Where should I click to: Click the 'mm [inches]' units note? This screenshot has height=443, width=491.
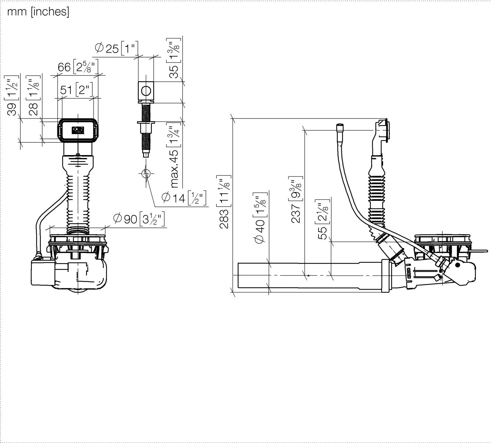[x=38, y=11]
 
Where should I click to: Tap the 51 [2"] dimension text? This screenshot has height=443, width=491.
[x=77, y=90]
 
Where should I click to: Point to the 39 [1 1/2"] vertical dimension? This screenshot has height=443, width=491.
[x=11, y=96]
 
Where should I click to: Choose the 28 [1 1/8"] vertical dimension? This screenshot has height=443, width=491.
[x=33, y=96]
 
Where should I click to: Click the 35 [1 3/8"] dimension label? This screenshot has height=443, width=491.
[x=174, y=58]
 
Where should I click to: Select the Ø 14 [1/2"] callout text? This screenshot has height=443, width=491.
[x=184, y=198]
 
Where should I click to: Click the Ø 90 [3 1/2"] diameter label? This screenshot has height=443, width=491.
[x=139, y=219]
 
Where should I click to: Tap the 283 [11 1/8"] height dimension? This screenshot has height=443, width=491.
[x=224, y=202]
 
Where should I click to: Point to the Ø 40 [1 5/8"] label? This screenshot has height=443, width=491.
[x=260, y=218]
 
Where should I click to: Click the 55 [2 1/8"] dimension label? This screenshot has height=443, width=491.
[x=323, y=219]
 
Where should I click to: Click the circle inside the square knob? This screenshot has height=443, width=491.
[x=146, y=91]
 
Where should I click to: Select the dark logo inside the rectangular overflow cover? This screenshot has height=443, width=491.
[x=78, y=130]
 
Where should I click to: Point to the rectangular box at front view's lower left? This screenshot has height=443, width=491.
[x=43, y=273]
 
